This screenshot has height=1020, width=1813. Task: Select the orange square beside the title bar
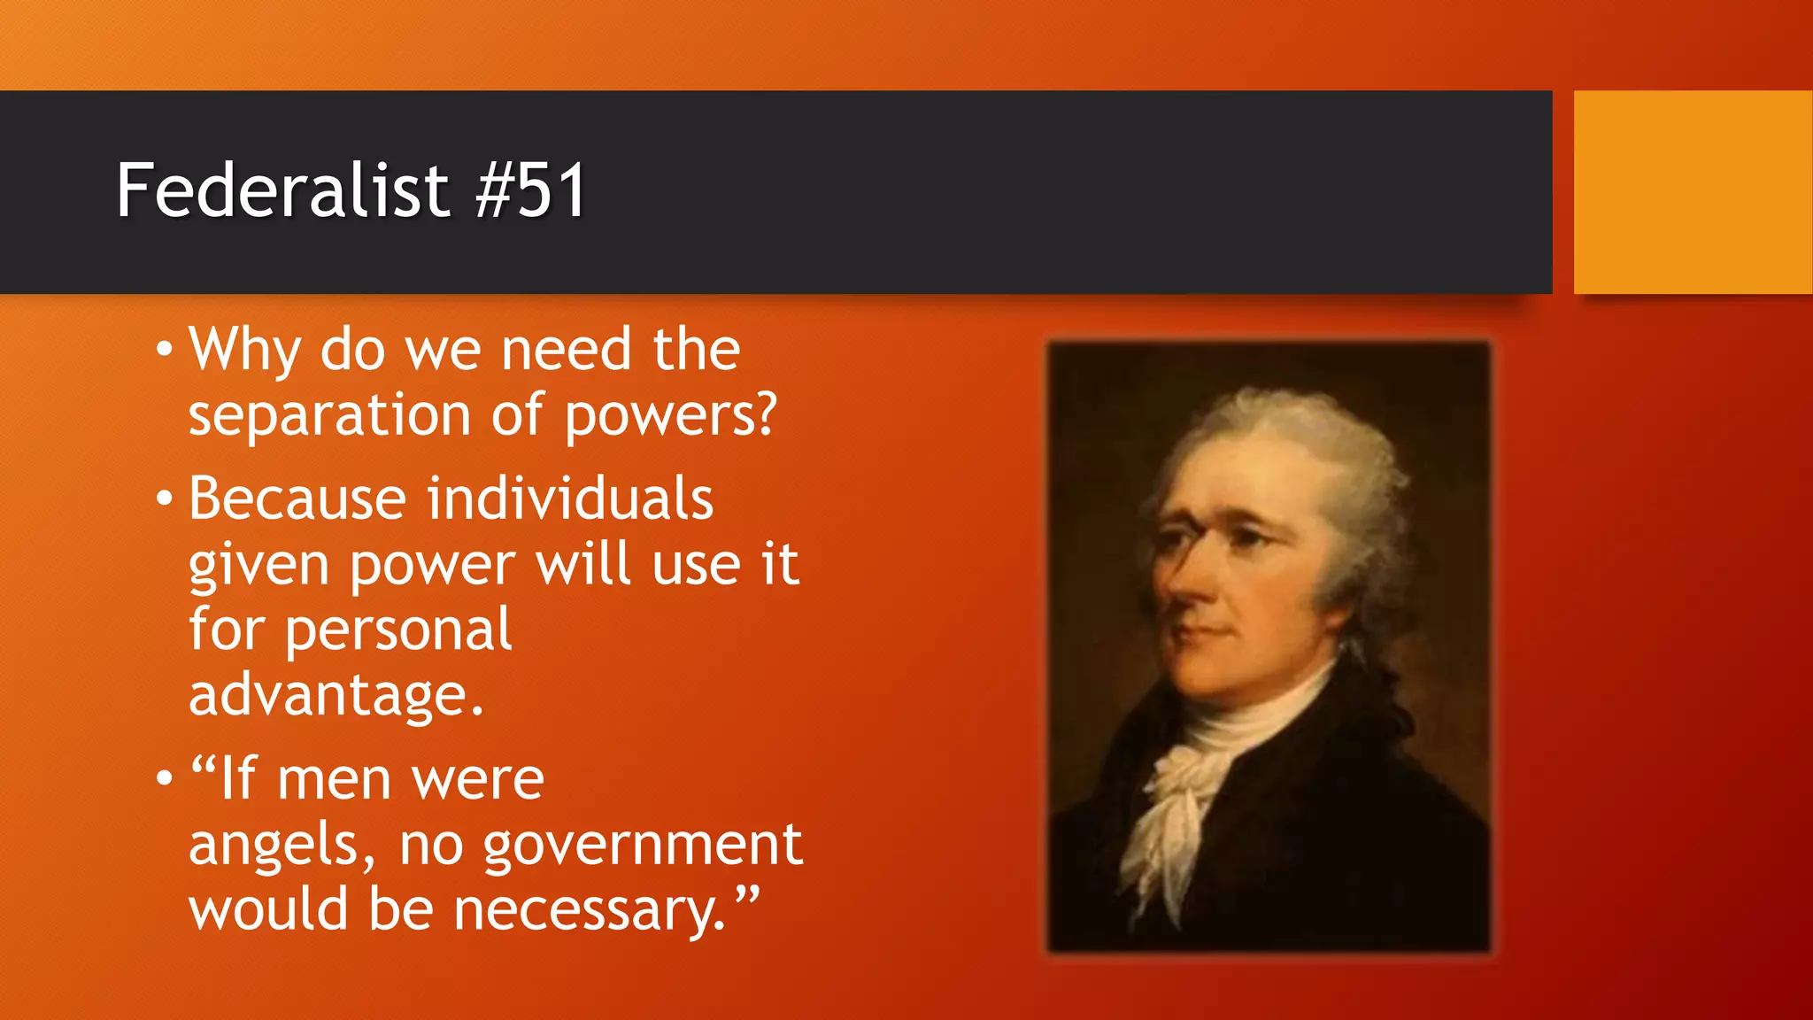point(1693,192)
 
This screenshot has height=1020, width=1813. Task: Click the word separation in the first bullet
point(329,415)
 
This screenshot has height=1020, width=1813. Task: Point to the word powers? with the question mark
point(670,415)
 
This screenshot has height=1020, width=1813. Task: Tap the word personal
point(397,630)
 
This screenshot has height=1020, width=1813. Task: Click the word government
point(643,846)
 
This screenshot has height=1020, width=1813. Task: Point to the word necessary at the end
point(589,911)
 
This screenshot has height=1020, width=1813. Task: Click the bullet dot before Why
point(164,351)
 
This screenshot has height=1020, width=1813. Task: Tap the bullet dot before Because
point(164,499)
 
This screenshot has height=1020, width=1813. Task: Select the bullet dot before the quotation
point(164,780)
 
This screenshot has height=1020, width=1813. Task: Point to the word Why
point(244,350)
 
